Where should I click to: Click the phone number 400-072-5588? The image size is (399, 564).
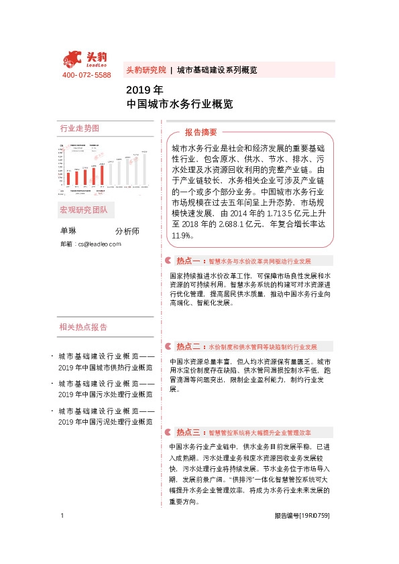pyautogui.click(x=87, y=75)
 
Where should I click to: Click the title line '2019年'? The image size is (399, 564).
pyautogui.click(x=144, y=90)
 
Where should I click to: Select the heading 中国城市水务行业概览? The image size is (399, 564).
pyautogui.click(x=179, y=104)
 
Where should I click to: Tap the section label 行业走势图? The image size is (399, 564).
pyautogui.click(x=79, y=128)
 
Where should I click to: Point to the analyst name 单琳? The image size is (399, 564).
pyautogui.click(x=68, y=231)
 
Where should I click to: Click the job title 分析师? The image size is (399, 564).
pyautogui.click(x=127, y=231)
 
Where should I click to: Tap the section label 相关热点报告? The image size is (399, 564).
pyautogui.click(x=83, y=327)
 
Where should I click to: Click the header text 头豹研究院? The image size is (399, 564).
pyautogui.click(x=146, y=70)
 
